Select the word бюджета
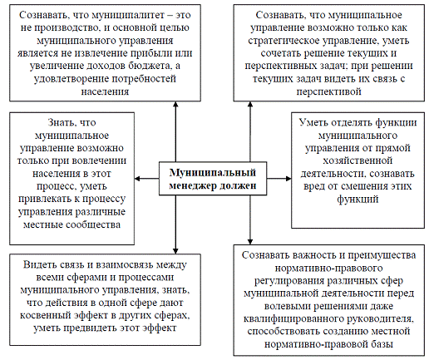click(150, 66)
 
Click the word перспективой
click(329, 91)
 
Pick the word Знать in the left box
click(60, 122)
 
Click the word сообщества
click(93, 224)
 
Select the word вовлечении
click(100, 160)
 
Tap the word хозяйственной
click(357, 160)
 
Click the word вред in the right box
click(314, 186)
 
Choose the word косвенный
click(45, 316)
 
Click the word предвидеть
click(91, 328)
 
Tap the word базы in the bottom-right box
click(381, 344)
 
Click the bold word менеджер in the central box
click(193, 185)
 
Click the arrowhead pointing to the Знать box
click(137, 179)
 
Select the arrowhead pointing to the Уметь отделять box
click(288, 179)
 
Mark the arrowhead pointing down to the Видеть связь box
click(175, 251)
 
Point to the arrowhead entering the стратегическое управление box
click(250, 105)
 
